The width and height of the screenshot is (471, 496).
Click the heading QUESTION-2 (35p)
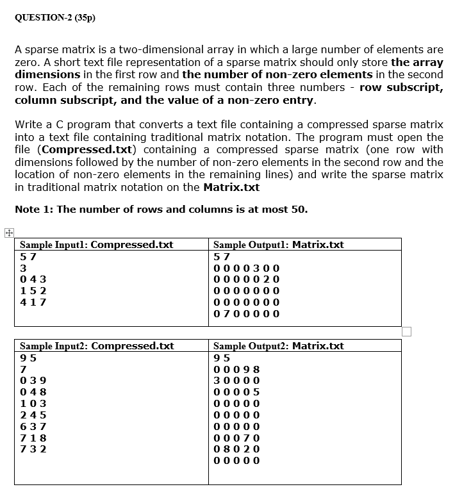pyautogui.click(x=54, y=18)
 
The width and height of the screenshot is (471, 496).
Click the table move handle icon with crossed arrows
pyautogui.click(x=8, y=233)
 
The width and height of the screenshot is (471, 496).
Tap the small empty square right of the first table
pyautogui.click(x=406, y=331)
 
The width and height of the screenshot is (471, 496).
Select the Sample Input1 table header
pyautogui.click(x=97, y=244)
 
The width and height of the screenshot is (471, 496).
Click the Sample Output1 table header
pyautogui.click(x=278, y=244)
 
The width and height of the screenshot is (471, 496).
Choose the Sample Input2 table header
pyautogui.click(x=97, y=346)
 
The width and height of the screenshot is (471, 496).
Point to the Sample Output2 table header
pyautogui.click(x=278, y=346)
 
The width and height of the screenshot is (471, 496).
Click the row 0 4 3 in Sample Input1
pyautogui.click(x=33, y=279)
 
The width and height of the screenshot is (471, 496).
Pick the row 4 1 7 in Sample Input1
pyautogui.click(x=33, y=302)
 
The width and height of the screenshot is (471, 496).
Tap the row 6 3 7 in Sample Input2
pyautogui.click(x=33, y=426)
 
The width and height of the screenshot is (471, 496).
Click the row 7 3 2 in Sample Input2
pyautogui.click(x=33, y=449)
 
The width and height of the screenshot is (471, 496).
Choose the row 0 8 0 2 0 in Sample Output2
pyautogui.click(x=236, y=449)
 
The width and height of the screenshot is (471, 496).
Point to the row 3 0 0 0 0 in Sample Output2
pyautogui.click(x=236, y=380)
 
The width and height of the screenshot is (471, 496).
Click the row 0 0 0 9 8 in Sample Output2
pyautogui.click(x=236, y=369)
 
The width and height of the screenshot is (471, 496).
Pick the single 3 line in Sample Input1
pyautogui.click(x=24, y=268)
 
